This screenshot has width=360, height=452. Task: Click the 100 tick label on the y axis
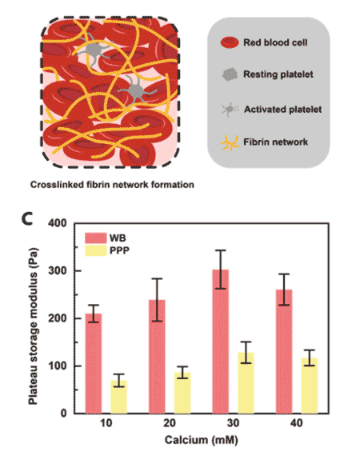(x=62, y=366)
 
